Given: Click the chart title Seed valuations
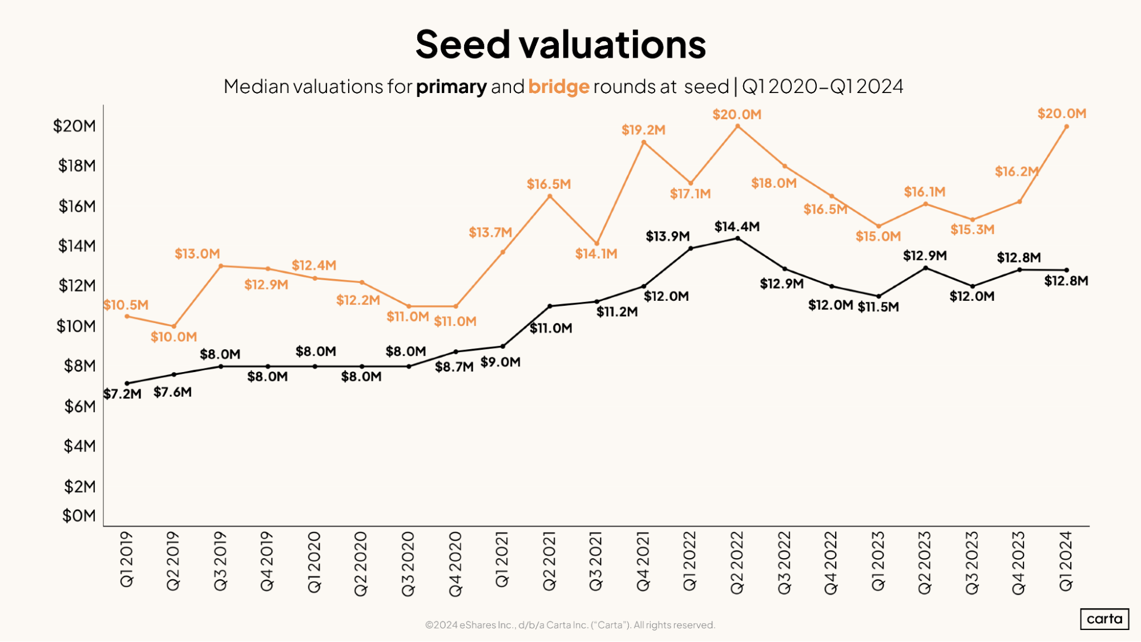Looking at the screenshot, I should (561, 45).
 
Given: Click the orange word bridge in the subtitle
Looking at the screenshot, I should (558, 87).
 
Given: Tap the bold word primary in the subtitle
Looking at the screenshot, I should (451, 87).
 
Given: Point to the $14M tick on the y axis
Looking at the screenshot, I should (76, 246).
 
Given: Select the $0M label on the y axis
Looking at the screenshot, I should (79, 516).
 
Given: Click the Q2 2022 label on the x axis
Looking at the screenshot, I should (737, 563).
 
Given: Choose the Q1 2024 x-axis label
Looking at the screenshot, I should (1066, 561).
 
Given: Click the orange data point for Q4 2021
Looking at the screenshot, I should (644, 143).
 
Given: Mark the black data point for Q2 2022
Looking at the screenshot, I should (737, 239).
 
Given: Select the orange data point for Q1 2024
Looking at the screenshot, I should (1066, 127).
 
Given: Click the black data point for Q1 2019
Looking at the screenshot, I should (127, 383).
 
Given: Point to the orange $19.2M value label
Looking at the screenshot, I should (643, 130).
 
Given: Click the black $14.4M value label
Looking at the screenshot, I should (737, 227).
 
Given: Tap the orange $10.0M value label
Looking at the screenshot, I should (174, 337).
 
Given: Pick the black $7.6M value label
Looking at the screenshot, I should (172, 392).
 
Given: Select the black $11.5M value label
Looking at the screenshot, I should (878, 307).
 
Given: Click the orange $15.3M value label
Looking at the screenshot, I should (972, 229).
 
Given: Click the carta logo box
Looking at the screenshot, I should (1104, 619).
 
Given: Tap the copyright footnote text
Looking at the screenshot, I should (570, 625).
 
